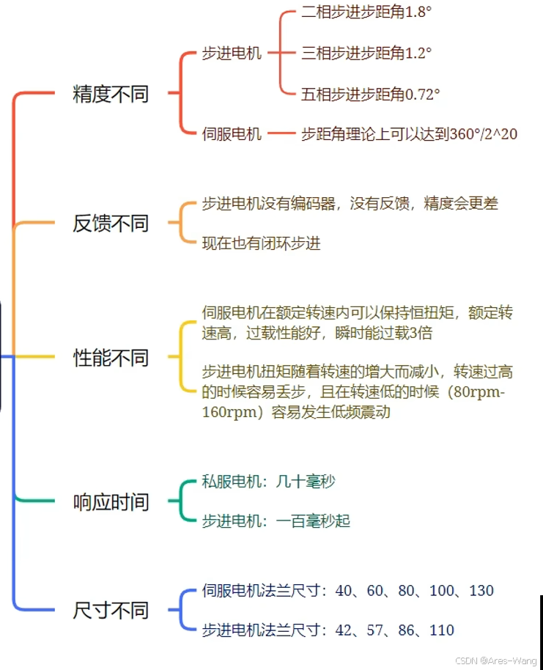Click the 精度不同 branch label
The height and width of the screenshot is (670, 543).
(x=111, y=94)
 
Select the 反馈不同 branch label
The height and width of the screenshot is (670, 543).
(x=111, y=223)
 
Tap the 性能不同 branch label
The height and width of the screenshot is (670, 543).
(x=111, y=358)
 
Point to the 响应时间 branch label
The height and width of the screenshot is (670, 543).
(x=111, y=502)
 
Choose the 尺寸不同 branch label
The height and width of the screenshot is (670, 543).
(x=111, y=610)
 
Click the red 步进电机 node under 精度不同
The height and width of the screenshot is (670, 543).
(x=232, y=54)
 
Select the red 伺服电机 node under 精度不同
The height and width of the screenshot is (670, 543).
(x=232, y=133)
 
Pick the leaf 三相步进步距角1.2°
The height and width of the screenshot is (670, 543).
(x=366, y=53)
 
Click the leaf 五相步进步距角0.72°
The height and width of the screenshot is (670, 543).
(x=370, y=94)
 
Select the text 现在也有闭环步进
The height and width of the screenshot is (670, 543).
(x=261, y=243)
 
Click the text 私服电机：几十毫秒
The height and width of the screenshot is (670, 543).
(x=268, y=482)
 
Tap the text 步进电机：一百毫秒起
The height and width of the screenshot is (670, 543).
(x=276, y=521)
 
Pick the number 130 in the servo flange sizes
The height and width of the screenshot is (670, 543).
(x=481, y=591)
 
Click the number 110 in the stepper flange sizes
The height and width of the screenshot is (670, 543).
(x=442, y=630)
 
